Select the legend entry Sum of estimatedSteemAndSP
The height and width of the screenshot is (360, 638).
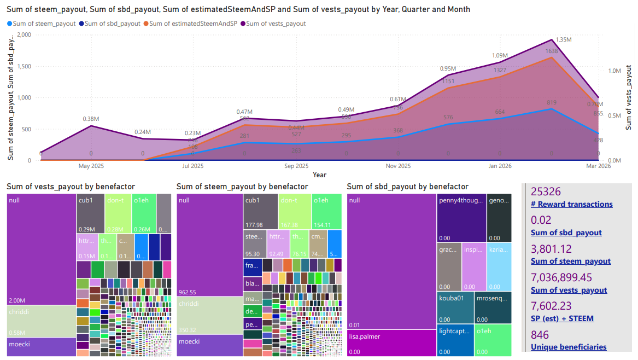(193, 24)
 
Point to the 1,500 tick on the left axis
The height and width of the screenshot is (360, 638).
(23, 66)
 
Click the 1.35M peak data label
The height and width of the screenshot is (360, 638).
(564, 40)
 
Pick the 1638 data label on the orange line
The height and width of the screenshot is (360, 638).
(551, 51)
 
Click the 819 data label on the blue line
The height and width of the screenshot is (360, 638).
(551, 102)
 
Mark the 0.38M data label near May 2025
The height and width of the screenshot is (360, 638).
(91, 119)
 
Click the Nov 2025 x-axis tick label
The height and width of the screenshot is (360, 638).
(398, 166)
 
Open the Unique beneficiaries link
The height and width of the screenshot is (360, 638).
(568, 347)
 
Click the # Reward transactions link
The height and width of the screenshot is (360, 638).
(571, 204)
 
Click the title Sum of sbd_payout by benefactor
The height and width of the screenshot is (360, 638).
(407, 187)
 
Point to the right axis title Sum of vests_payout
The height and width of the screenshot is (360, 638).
(629, 104)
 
